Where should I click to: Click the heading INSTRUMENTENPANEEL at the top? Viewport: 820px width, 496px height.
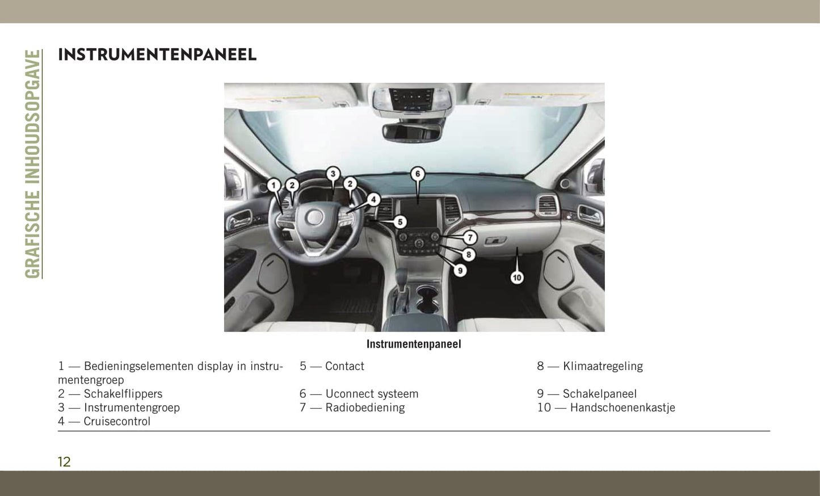tap(157, 55)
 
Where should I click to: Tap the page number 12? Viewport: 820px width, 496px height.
tap(64, 462)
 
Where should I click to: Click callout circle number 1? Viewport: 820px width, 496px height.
tap(274, 185)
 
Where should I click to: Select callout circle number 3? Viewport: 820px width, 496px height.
tap(333, 174)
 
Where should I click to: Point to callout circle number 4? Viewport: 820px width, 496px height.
tap(373, 200)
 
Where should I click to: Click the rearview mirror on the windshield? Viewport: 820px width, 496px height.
tap(412, 132)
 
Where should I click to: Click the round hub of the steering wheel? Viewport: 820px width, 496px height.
tap(314, 217)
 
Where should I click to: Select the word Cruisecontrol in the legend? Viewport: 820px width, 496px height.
tap(117, 421)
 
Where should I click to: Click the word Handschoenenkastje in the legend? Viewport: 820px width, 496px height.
tap(623, 407)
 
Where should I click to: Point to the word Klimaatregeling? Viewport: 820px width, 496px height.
tap(603, 366)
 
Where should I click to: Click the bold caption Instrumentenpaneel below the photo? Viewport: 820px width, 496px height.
tap(414, 344)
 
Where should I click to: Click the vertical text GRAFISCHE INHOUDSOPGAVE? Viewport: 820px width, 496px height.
tap(33, 164)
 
